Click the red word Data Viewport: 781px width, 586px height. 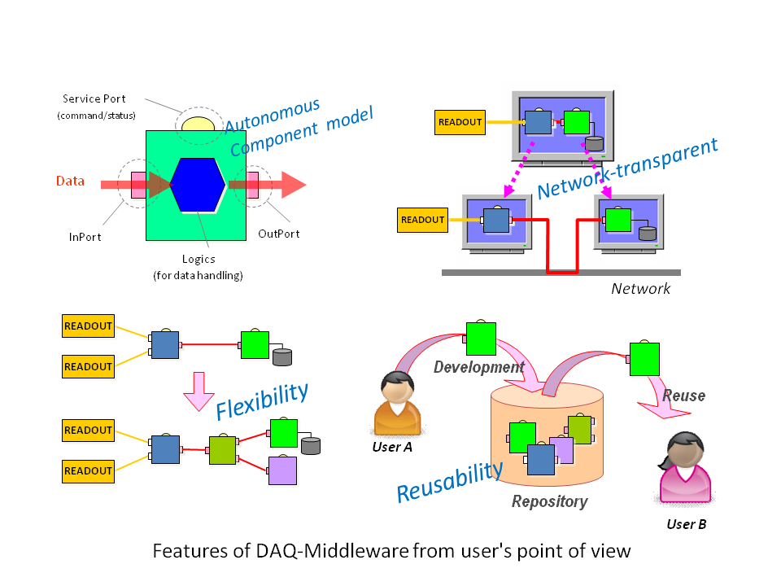click(70, 181)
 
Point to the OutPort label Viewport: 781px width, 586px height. click(279, 234)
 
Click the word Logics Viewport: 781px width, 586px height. click(199, 259)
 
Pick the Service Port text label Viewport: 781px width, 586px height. click(94, 99)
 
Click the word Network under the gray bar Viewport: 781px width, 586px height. click(641, 288)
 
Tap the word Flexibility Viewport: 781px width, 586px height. click(262, 397)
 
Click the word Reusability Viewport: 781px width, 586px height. click(449, 481)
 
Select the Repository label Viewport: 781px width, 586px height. click(549, 501)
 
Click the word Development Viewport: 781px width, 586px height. click(478, 367)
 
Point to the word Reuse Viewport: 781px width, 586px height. click(683, 396)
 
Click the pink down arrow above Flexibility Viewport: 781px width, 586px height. click(198, 391)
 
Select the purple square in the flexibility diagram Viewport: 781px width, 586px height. click(282, 470)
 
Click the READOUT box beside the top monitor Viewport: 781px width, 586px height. click(460, 122)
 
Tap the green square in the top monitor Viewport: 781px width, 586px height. click(576, 123)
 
